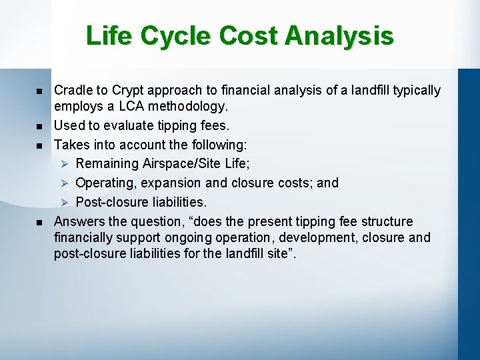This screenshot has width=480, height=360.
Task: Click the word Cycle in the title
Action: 175,37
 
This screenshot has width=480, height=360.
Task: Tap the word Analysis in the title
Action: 339,35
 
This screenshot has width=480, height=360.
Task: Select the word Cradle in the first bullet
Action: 72,90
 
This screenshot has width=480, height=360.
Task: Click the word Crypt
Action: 127,91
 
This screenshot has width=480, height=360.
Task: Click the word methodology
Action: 188,107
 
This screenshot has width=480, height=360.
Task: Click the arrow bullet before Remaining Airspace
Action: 64,164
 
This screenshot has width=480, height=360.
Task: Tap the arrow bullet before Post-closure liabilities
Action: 64,203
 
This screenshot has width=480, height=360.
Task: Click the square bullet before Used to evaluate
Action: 39,127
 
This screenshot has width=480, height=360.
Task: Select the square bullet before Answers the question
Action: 39,222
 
